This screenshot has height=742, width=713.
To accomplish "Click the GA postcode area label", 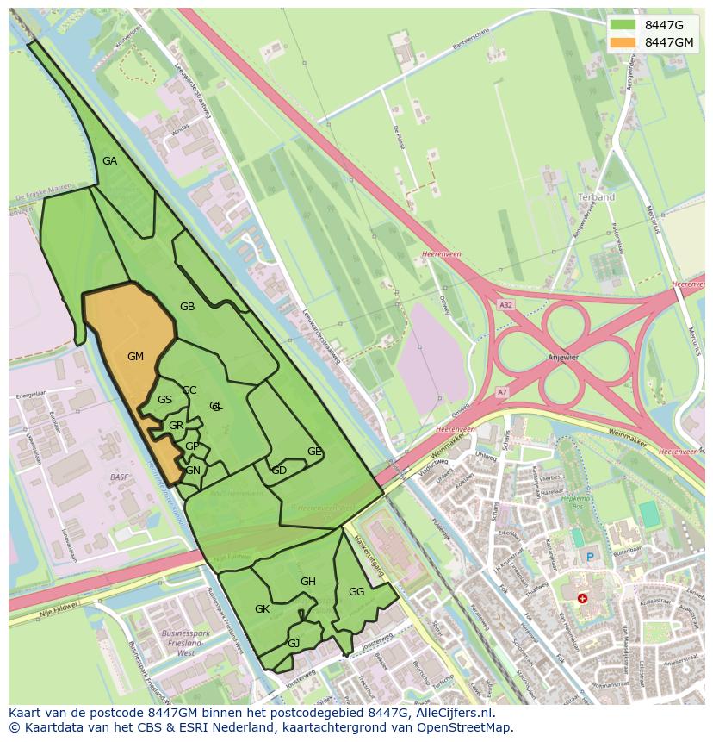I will (109, 161).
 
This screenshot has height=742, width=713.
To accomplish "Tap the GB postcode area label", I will (187, 307).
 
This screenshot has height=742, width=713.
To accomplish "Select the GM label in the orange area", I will (135, 357).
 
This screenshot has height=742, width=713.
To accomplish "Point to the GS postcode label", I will (164, 400).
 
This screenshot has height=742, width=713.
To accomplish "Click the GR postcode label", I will (176, 426).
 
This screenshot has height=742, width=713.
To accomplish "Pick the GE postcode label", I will (314, 452).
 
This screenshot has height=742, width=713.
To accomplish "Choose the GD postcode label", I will (279, 471).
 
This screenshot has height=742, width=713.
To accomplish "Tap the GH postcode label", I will (308, 582).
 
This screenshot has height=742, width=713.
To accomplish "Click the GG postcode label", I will (356, 592).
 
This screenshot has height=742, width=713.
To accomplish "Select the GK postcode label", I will (263, 609).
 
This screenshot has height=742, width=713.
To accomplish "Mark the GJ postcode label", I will (294, 644).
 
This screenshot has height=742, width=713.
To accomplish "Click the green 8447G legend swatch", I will (623, 25).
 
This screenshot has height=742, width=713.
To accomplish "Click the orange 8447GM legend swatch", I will (623, 42).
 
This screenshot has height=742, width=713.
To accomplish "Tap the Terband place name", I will (597, 197).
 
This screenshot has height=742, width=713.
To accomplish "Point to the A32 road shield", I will (505, 305).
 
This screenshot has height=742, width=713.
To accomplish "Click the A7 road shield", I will (503, 392).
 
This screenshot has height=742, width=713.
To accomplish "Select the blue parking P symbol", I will (590, 557).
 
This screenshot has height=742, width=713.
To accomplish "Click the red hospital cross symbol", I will (583, 598).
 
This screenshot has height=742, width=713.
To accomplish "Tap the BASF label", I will (120, 477).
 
